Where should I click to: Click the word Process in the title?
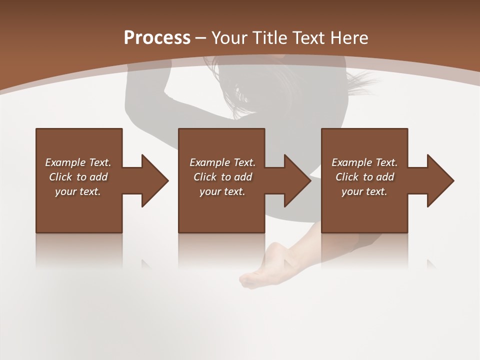157,38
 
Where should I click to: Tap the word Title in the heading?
270,38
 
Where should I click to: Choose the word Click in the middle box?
204,177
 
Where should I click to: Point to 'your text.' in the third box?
364,191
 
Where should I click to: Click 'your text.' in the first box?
78,191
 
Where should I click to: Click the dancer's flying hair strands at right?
362,82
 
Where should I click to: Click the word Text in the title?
306,38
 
